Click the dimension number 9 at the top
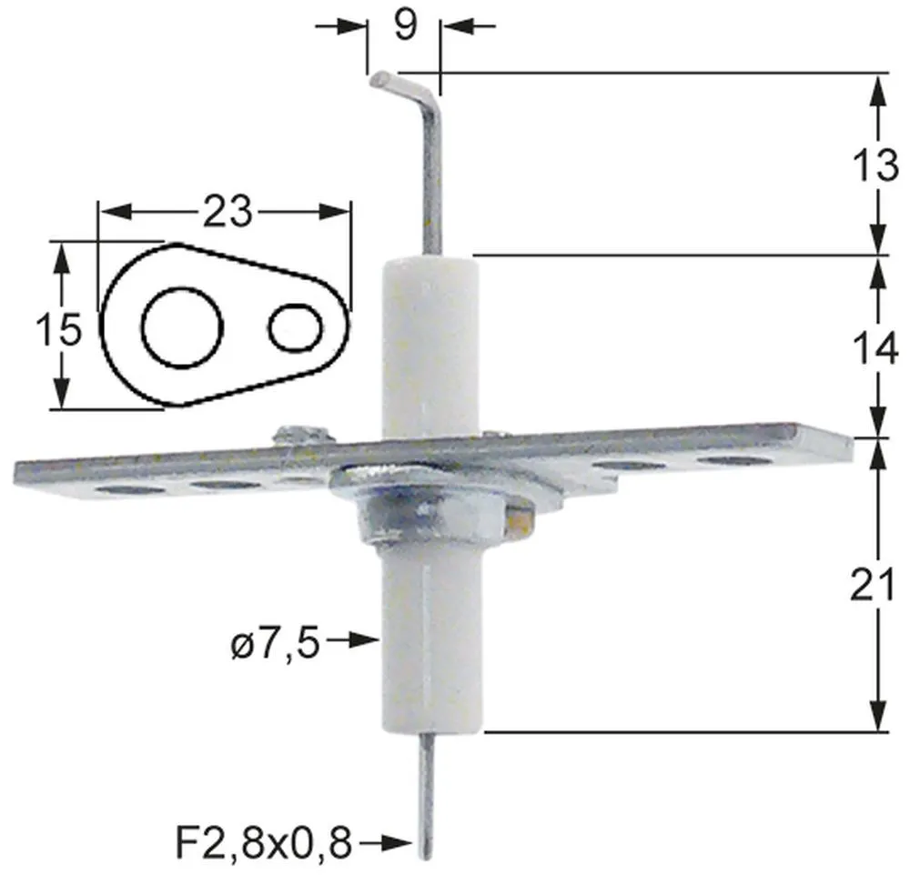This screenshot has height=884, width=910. point(406,25)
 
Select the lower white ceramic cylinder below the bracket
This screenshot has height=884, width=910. point(425,646)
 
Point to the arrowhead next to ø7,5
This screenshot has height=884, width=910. point(366,641)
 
